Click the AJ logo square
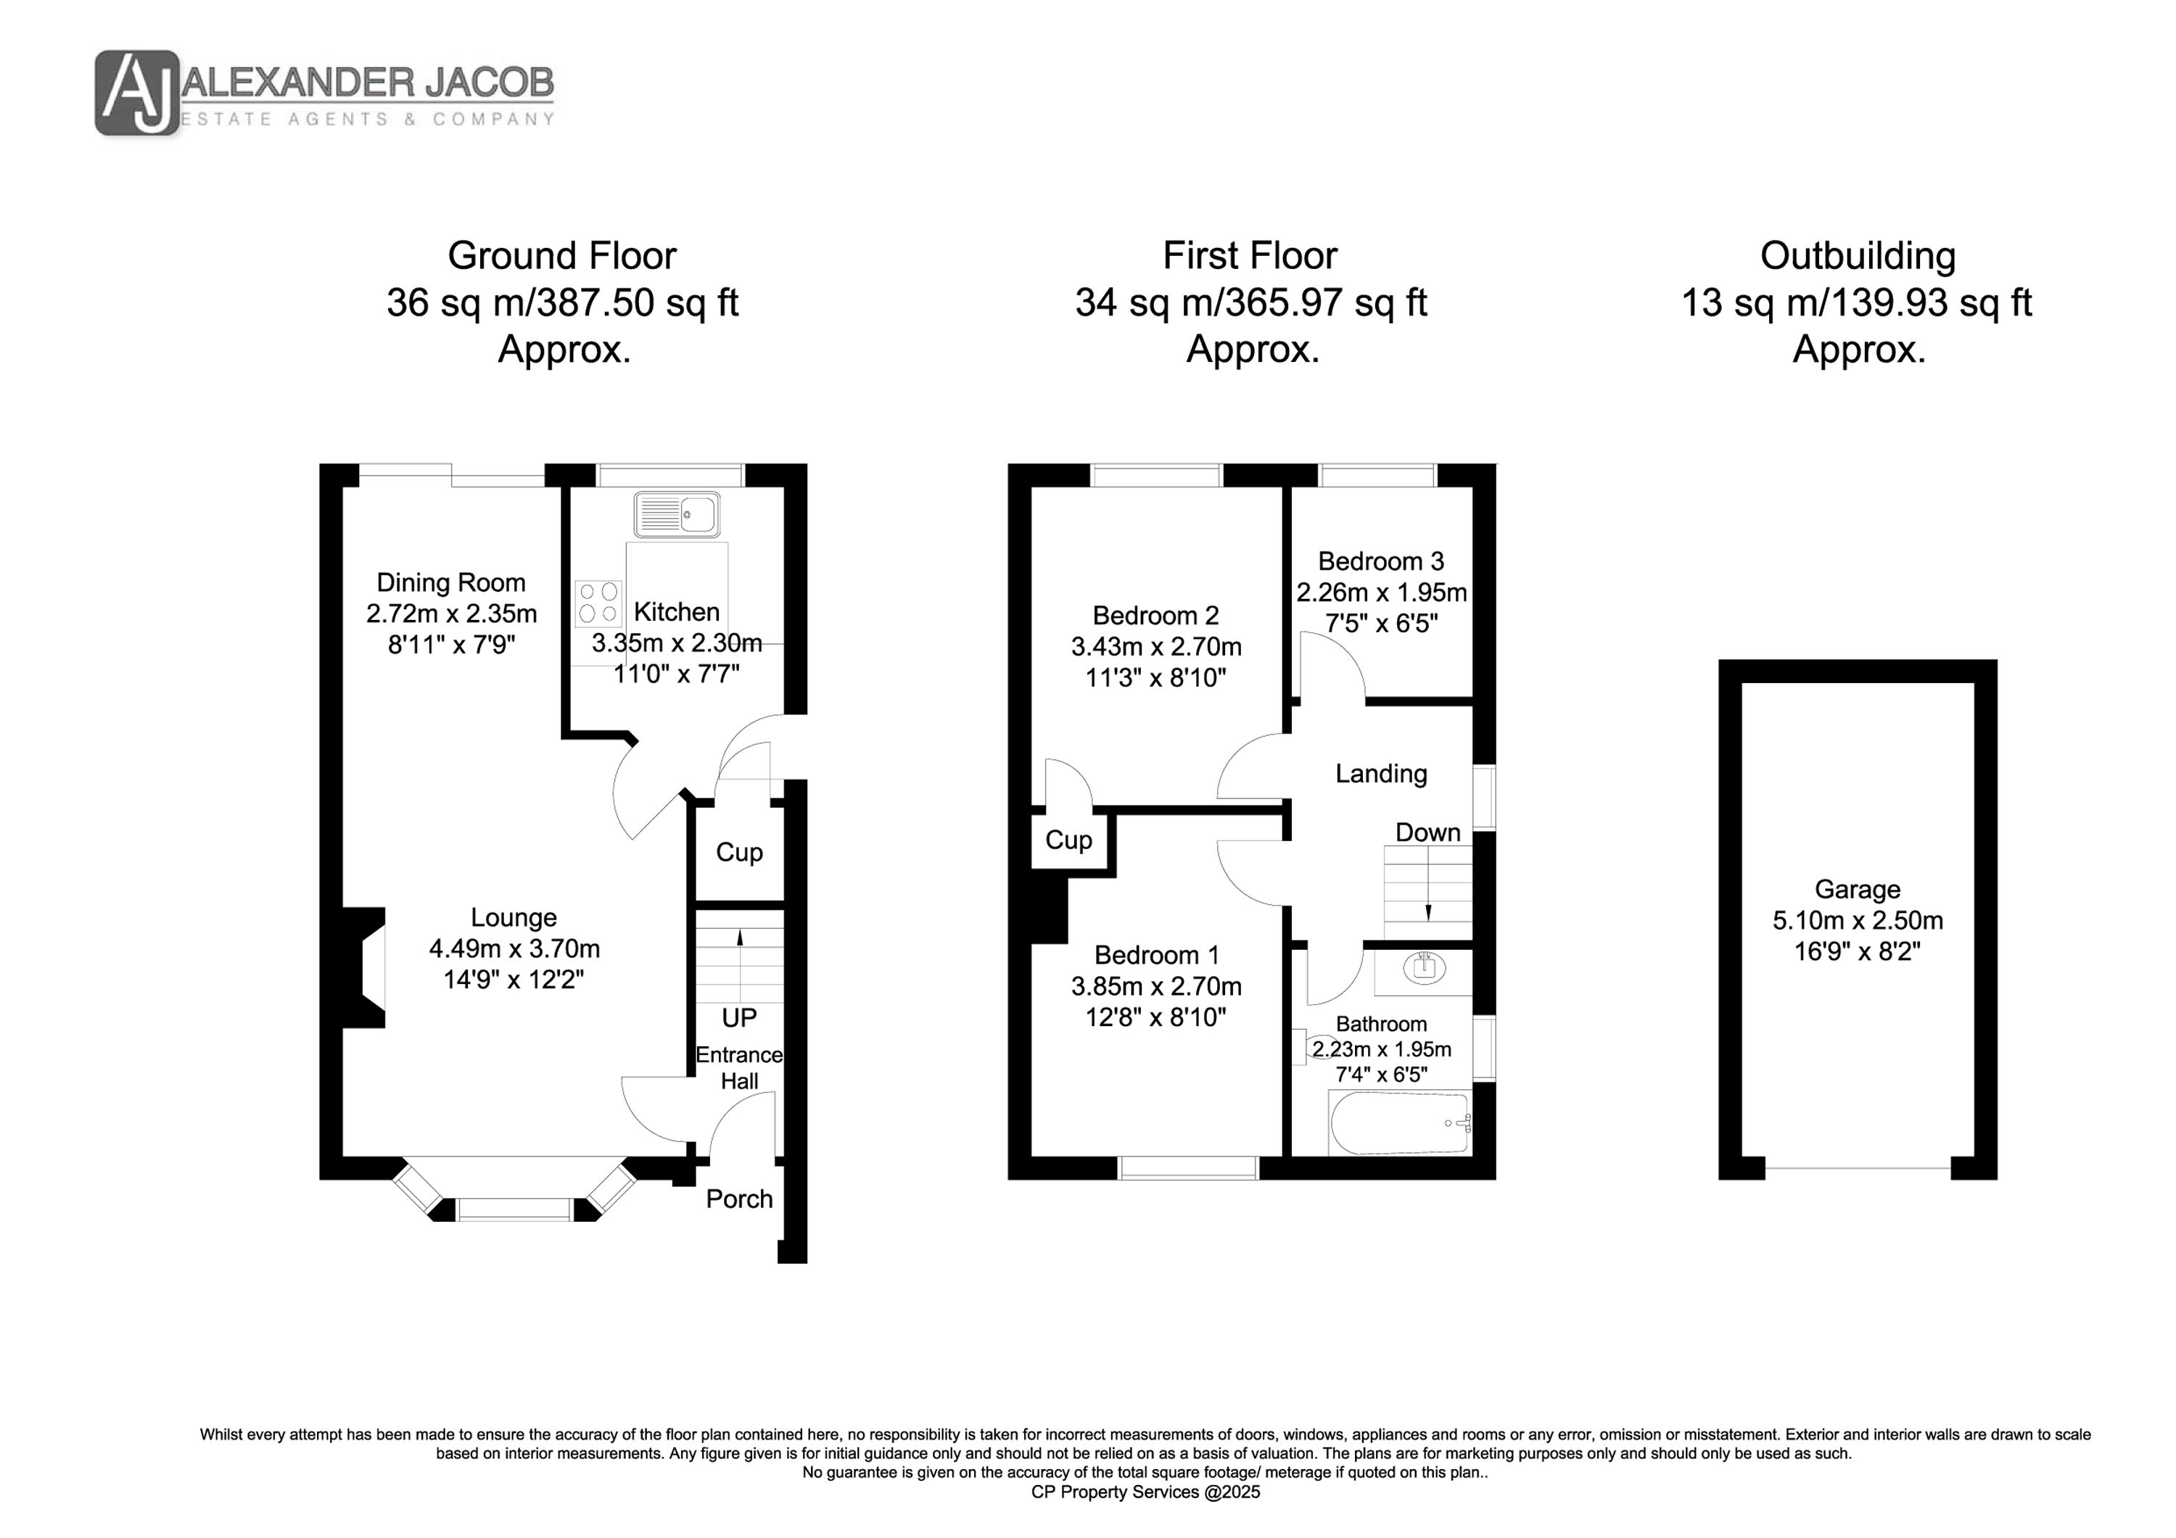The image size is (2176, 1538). (137, 93)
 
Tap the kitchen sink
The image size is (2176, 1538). (677, 515)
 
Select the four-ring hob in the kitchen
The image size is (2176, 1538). (598, 602)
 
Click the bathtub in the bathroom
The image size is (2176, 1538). (1400, 1124)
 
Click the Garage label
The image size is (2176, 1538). (1858, 889)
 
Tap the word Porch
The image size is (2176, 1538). (739, 1199)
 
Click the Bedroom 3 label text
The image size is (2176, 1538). (1381, 561)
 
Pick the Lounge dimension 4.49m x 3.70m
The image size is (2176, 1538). (514, 948)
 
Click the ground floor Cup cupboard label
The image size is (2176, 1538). (739, 852)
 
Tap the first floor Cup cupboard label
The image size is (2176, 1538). (1068, 840)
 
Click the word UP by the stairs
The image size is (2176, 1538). (739, 1018)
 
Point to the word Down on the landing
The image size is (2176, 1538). (1428, 832)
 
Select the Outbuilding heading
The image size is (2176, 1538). (1858, 256)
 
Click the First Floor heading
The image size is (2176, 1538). (1250, 256)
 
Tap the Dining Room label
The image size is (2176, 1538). (451, 583)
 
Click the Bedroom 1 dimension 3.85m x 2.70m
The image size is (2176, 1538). (1156, 986)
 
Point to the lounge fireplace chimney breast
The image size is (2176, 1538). (363, 967)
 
